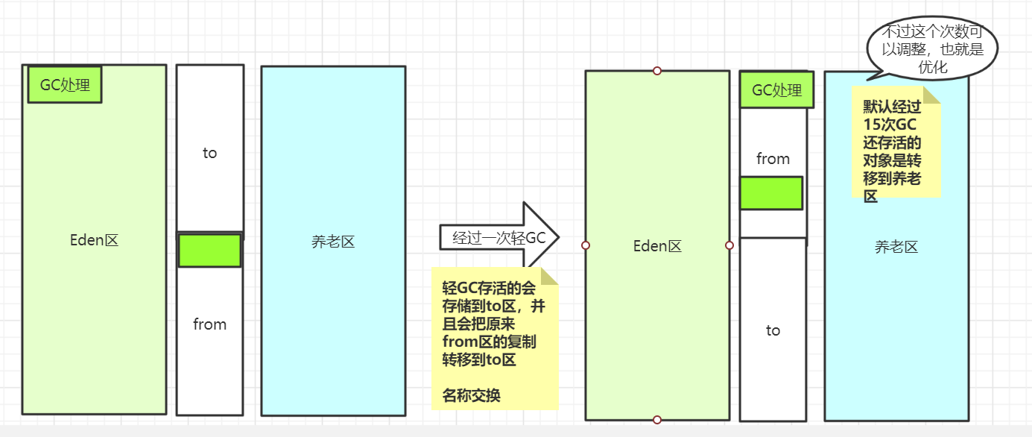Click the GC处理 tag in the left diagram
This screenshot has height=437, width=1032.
65,85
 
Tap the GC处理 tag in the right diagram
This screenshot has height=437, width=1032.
776,90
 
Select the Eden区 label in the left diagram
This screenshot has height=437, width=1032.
94,240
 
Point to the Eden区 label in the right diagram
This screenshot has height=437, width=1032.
657,246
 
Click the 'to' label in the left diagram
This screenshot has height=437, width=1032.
209,153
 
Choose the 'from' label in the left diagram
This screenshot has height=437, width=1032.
209,324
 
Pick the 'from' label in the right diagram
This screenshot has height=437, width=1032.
773,159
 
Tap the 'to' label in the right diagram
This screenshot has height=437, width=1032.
773,330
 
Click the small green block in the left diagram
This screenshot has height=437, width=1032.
209,251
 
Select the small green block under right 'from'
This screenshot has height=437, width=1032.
771,193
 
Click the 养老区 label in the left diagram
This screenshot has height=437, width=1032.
333,242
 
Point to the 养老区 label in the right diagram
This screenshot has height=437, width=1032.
896,247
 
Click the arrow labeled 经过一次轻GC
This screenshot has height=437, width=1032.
498,238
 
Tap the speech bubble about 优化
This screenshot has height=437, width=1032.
931,48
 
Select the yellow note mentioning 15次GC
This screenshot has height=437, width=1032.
896,148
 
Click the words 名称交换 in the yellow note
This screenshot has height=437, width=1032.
472,395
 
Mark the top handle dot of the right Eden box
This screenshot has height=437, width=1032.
657,71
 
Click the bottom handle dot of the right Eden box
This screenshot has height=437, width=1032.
657,420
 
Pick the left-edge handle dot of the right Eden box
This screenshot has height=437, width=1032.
586,245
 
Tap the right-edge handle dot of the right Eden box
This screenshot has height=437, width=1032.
729,245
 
